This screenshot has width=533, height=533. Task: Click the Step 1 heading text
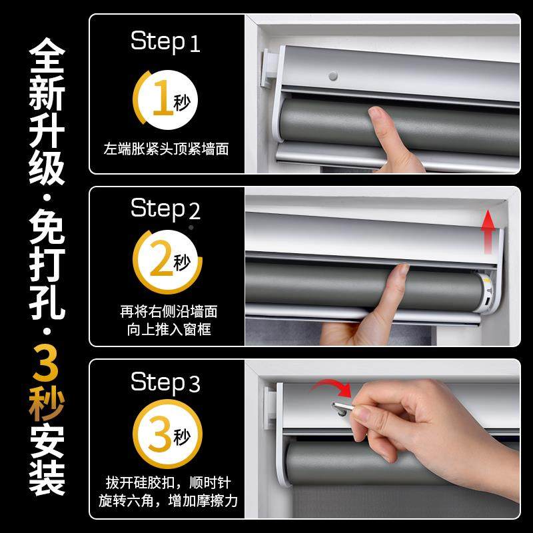click(x=165, y=42)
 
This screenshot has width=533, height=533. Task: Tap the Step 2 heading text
click(x=165, y=209)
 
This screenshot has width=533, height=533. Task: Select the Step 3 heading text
click(x=165, y=383)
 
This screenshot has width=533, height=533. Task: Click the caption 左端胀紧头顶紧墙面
click(x=167, y=149)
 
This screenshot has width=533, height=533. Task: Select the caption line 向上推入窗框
click(x=166, y=330)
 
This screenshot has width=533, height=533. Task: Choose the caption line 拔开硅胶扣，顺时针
click(x=166, y=481)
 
